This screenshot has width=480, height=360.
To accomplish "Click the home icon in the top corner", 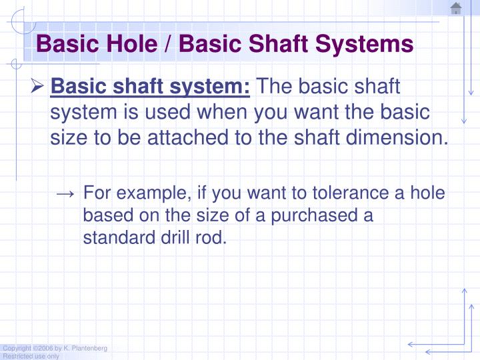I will click(x=456, y=9).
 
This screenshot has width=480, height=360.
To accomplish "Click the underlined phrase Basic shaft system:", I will click(x=151, y=87).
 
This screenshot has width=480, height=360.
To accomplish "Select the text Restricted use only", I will click(x=31, y=356).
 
